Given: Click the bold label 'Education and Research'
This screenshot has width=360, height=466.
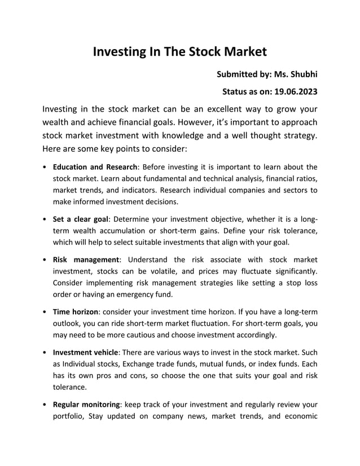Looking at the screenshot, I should [95, 167].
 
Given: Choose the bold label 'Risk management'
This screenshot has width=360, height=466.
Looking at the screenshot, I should [86, 260].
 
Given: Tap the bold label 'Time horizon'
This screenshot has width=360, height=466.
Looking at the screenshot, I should [75, 311].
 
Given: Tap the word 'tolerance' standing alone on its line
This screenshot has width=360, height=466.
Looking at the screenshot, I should [69, 387].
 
